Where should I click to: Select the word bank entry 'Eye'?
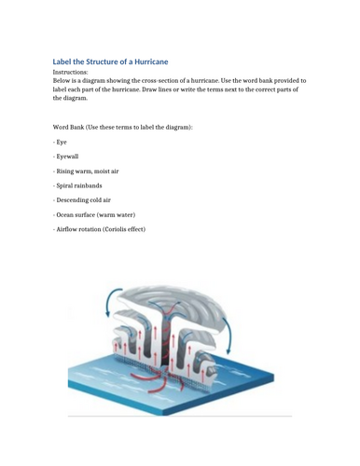[x=61, y=141]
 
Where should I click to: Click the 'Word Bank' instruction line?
[x=122, y=126]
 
